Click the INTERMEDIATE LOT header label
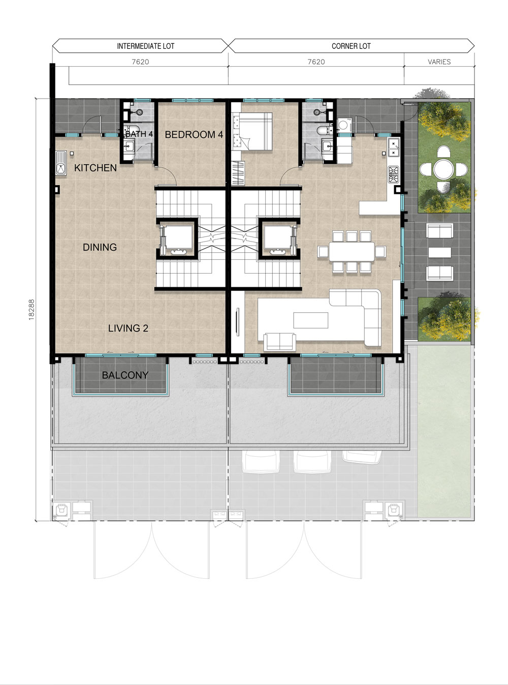(146, 46)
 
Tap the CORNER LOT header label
(351, 46)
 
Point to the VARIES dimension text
(439, 62)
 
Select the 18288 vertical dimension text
(31, 309)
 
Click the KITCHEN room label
(96, 168)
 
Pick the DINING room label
(100, 247)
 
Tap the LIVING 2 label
(128, 328)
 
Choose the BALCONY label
(125, 375)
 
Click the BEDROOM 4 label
(194, 135)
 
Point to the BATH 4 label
(139, 134)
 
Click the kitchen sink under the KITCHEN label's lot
(61, 163)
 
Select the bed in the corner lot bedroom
(252, 132)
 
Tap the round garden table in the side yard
(443, 169)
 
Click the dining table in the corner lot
(352, 252)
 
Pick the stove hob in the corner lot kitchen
(394, 174)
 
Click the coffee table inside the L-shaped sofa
(310, 320)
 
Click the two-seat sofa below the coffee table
(279, 342)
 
